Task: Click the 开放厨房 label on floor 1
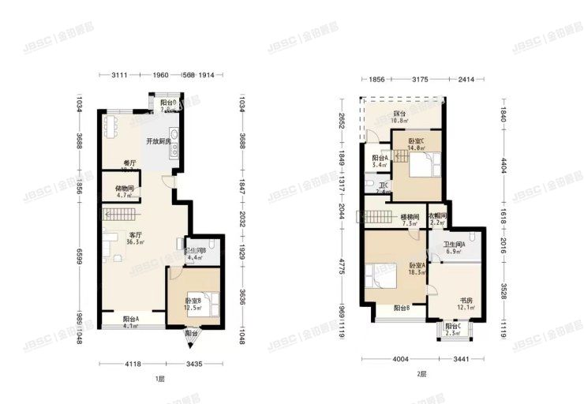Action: pyautogui.click(x=159, y=141)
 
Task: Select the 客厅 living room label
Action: pyautogui.click(x=124, y=234)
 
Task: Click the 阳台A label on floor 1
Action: pyautogui.click(x=131, y=319)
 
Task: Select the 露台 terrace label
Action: pyautogui.click(x=400, y=114)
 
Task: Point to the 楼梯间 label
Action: pyautogui.click(x=409, y=215)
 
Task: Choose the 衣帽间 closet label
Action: pyautogui.click(x=438, y=215)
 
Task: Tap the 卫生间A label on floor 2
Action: pyautogui.click(x=454, y=245)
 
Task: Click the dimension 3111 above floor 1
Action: pyautogui.click(x=119, y=75)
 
